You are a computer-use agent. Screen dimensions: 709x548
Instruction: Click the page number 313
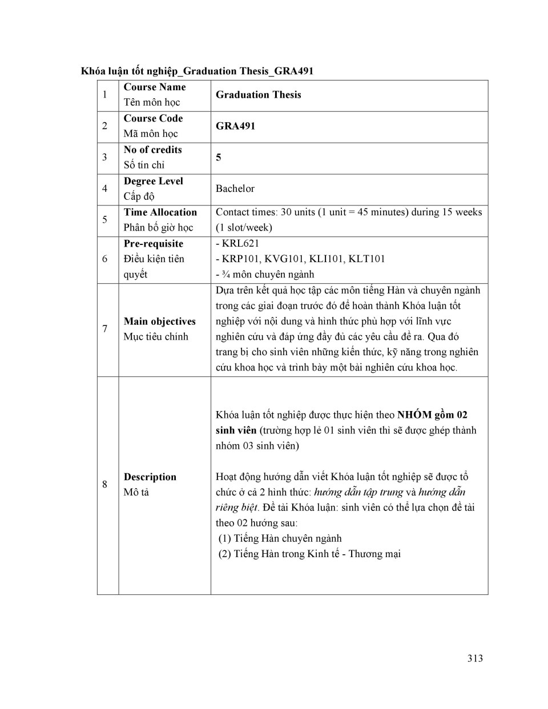click(x=474, y=658)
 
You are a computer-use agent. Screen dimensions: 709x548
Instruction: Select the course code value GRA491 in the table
click(x=235, y=126)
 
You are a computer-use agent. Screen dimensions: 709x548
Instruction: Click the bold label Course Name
click(x=155, y=87)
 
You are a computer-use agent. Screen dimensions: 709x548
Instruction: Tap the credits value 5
click(x=219, y=157)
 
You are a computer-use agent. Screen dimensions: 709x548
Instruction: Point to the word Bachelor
click(x=235, y=188)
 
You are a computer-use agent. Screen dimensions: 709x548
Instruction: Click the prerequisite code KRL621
click(x=240, y=243)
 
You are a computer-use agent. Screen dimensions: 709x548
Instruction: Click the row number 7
click(x=104, y=329)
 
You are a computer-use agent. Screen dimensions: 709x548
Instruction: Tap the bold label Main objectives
click(x=159, y=321)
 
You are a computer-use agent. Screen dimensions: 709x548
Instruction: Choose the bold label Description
click(x=150, y=477)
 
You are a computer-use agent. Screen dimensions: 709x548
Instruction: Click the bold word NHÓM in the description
click(x=414, y=415)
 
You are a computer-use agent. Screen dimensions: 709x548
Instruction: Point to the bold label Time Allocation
click(x=160, y=212)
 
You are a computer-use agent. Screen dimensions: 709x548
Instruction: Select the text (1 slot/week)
click(x=244, y=228)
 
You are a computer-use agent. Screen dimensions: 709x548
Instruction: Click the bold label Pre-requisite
click(x=153, y=244)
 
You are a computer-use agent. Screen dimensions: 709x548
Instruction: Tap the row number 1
click(x=104, y=95)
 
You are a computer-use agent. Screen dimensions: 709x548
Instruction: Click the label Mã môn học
click(x=151, y=134)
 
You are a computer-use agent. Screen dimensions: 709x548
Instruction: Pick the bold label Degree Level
click(x=153, y=181)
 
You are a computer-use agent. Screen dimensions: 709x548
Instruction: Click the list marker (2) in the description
click(x=225, y=554)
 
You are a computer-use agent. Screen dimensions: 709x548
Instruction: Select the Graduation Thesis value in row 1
click(x=258, y=95)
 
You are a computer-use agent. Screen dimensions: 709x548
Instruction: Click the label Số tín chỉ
click(x=144, y=165)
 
